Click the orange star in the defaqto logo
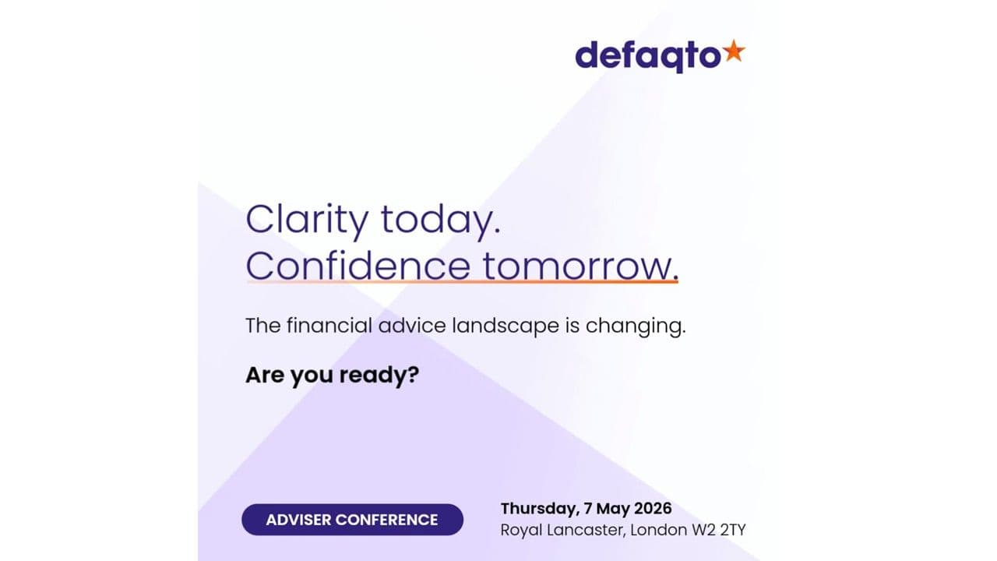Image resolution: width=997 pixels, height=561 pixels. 734,52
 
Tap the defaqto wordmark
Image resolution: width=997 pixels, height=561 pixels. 647,56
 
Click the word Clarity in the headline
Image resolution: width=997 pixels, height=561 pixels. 306,221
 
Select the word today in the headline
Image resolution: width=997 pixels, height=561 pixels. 439,221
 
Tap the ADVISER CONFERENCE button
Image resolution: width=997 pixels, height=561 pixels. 352,520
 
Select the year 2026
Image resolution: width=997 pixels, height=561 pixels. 650,509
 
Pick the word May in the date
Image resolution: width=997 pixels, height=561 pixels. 610,509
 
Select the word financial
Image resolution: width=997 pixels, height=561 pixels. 330,326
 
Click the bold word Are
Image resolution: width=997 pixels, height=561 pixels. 265,376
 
